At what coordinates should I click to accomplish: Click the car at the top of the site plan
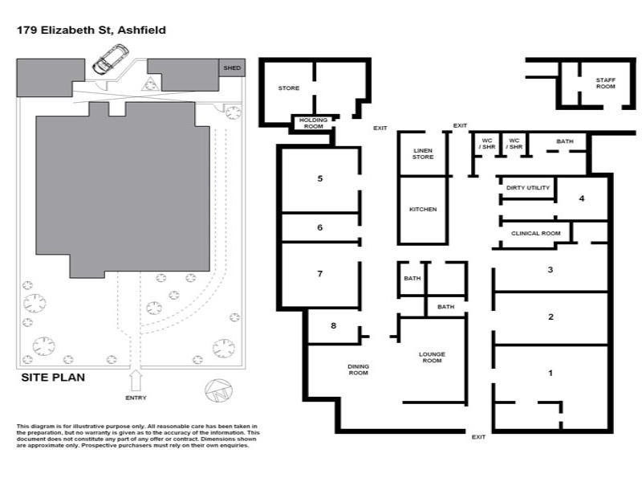click(111, 59)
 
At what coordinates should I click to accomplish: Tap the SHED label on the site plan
click(231, 69)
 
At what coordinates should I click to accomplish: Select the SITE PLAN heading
click(53, 377)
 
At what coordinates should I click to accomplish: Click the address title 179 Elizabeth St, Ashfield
click(91, 30)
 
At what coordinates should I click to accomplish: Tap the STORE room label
click(288, 88)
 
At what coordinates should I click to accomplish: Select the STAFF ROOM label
click(606, 84)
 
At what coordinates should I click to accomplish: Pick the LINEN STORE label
click(423, 153)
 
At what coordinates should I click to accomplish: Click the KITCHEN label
click(423, 209)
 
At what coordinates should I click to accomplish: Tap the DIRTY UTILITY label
click(527, 188)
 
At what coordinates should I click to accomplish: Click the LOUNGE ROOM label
click(432, 357)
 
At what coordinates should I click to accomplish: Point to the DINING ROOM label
click(358, 370)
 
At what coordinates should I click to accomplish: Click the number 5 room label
click(319, 178)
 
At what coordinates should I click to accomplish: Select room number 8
click(334, 325)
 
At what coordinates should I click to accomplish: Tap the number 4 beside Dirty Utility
click(582, 198)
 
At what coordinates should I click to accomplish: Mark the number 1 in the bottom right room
click(551, 373)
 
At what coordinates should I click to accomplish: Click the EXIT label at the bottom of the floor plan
click(478, 436)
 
